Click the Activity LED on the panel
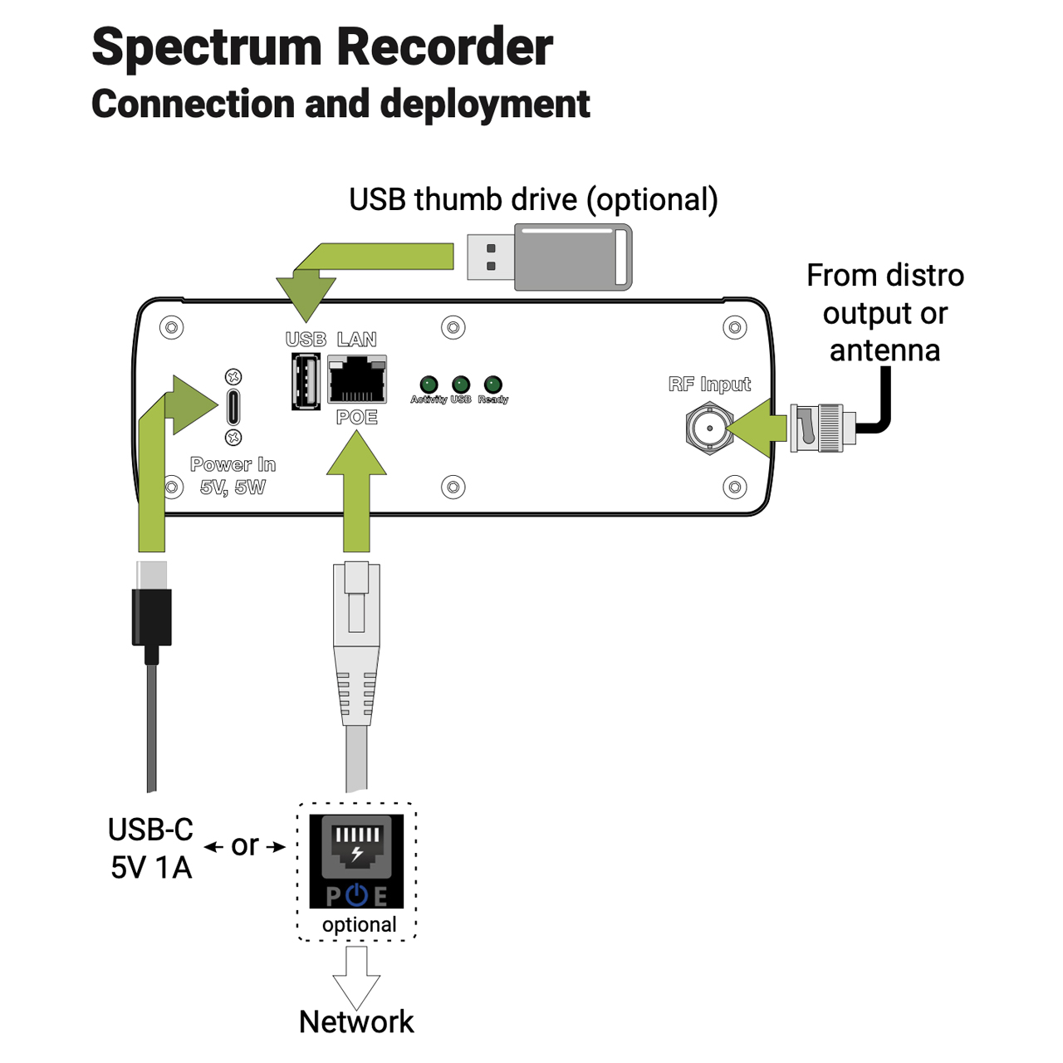[429, 385]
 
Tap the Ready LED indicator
[492, 385]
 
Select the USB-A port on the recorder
[306, 381]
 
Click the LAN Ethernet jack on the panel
[357, 380]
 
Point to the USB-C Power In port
[233, 406]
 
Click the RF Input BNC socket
[709, 429]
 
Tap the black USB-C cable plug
[151, 615]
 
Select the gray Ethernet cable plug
[356, 639]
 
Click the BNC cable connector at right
[822, 429]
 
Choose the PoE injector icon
[356, 861]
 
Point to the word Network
[356, 1021]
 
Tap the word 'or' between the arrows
[245, 845]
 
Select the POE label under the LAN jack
[357, 417]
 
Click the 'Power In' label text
[233, 464]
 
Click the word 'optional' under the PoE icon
[359, 924]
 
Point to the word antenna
[884, 350]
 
